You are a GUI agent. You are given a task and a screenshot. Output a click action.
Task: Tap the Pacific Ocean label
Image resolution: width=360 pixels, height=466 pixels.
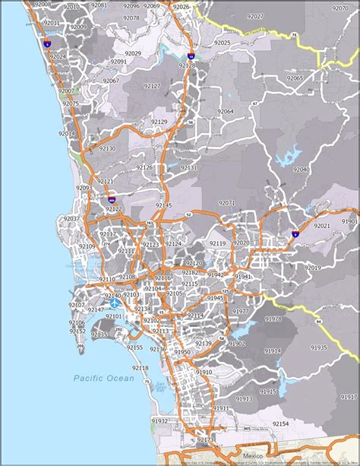103,378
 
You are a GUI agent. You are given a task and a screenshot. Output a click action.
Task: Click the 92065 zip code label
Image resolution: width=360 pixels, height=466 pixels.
295,78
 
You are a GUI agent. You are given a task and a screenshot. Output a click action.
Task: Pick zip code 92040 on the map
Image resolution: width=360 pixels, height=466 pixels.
302,170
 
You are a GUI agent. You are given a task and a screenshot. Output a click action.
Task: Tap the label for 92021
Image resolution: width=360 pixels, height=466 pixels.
322,226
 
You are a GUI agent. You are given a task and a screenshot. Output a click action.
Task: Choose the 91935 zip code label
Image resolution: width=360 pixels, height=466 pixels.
319,347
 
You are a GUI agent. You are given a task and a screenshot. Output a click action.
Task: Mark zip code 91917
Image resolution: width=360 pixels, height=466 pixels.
349,396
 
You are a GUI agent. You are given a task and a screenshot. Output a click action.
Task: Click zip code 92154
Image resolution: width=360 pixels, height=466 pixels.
281,423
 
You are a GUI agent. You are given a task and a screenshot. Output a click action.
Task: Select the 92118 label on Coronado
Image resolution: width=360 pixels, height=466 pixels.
140,368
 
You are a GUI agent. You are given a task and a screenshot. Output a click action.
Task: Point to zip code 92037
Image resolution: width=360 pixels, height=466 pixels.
72,218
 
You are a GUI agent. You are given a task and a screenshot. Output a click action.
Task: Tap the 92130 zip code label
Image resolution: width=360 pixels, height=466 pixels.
106,148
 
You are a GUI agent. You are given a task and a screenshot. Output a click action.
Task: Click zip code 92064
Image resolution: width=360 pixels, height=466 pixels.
226,112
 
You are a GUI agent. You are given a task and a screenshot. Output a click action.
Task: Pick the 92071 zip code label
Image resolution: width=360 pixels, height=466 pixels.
226,203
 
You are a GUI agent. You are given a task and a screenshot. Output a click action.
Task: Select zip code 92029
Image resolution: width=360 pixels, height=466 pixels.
133,53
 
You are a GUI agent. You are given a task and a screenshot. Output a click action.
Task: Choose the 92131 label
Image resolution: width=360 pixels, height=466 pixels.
188,168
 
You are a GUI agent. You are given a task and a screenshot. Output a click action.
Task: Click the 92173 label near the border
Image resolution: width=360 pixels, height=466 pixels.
205,439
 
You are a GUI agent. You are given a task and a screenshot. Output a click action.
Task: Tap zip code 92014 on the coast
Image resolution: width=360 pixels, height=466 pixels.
67,133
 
